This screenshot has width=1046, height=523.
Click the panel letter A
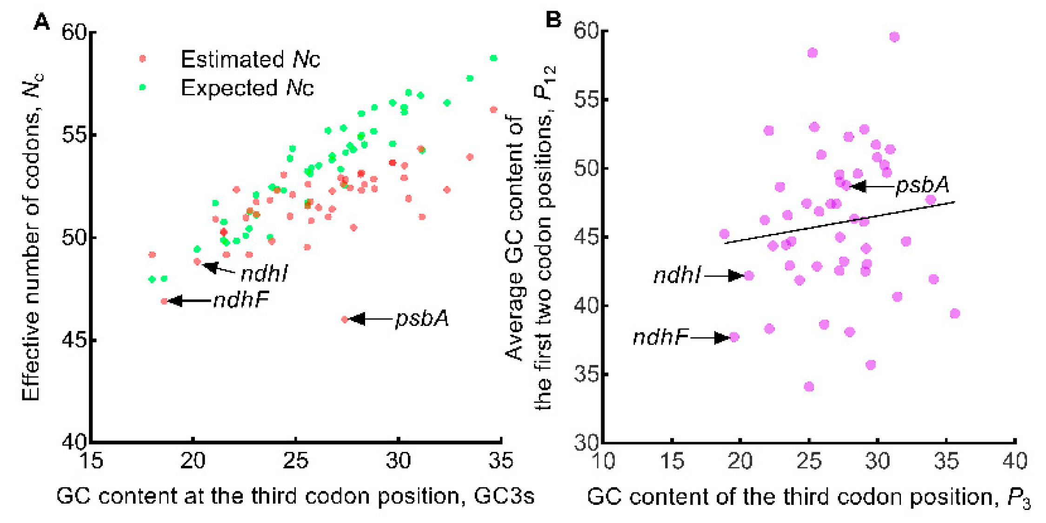(x=42, y=21)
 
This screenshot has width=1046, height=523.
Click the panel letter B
(x=553, y=20)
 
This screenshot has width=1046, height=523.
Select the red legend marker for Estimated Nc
(x=143, y=59)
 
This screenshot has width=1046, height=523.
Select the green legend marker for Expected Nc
(x=143, y=87)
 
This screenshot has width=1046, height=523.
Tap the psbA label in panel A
(x=422, y=319)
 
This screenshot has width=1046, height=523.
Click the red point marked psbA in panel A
(x=345, y=319)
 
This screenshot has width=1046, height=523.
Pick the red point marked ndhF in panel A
(x=164, y=301)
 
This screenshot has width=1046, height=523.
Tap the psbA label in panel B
(x=922, y=185)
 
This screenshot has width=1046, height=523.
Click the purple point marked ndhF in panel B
(x=734, y=337)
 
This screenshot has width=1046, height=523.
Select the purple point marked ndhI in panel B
(x=749, y=276)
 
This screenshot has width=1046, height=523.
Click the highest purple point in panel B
(x=894, y=37)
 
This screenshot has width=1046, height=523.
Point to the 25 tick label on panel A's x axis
(x=296, y=461)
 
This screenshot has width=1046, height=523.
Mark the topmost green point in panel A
(x=493, y=58)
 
